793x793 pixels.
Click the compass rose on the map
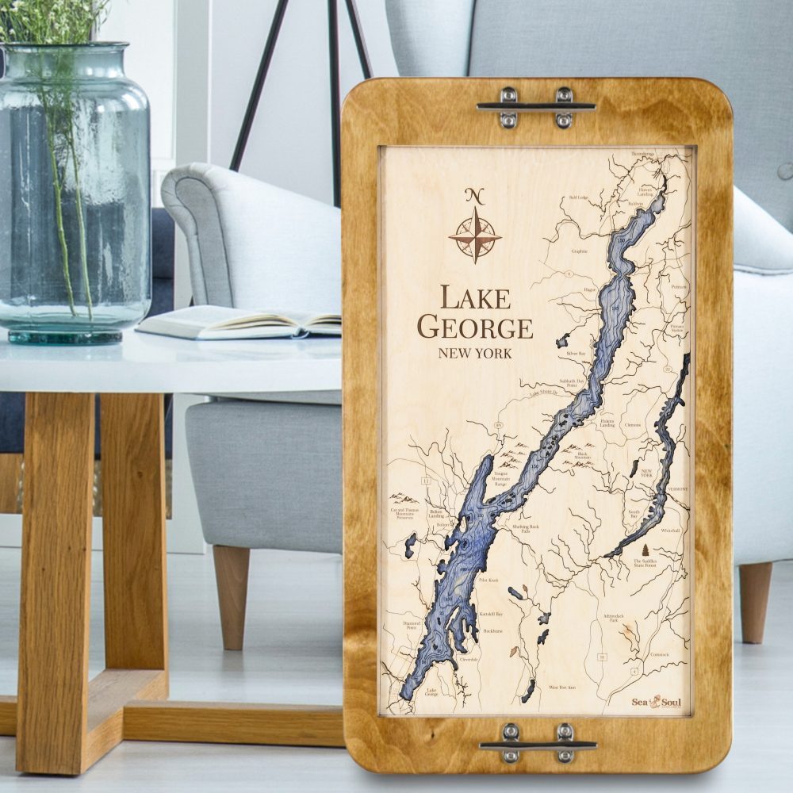[x=475, y=235]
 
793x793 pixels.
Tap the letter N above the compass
[x=475, y=195]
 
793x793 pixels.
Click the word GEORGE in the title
[x=475, y=326]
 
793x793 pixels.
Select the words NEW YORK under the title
[x=475, y=353]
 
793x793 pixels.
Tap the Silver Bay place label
[x=577, y=354]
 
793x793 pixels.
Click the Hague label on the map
[x=589, y=290]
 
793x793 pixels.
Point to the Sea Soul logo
[x=657, y=701]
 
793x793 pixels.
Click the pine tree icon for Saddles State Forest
[x=643, y=550]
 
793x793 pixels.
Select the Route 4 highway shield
[x=634, y=671]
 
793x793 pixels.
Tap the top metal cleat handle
[x=536, y=106]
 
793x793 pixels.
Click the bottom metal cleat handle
[x=538, y=744]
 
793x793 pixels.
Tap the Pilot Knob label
[x=488, y=580]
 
